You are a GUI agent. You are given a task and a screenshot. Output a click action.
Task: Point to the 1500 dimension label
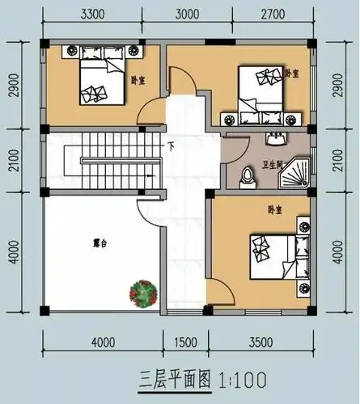(188, 343)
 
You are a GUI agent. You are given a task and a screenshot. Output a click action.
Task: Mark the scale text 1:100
(240, 377)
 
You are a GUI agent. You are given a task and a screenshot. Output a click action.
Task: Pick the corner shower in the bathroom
(299, 169)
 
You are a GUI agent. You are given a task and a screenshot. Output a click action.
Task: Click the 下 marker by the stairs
(172, 147)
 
